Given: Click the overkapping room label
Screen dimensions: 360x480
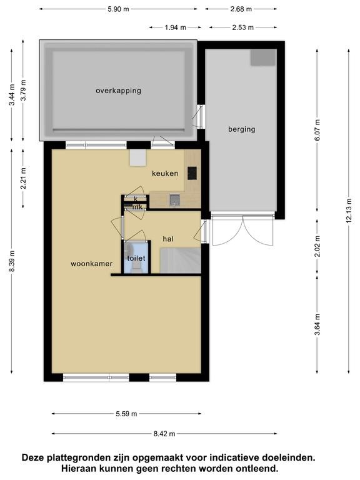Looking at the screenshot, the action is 118,91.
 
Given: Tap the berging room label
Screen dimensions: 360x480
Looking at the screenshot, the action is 241,129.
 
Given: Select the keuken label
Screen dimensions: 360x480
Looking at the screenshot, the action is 165,174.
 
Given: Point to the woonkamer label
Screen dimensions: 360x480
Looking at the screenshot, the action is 91,264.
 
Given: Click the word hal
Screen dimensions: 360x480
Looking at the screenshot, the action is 168,239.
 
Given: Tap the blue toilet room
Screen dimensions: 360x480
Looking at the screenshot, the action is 136,257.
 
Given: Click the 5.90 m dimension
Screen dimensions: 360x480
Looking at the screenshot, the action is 118,9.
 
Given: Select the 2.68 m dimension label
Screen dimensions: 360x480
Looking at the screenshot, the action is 241,9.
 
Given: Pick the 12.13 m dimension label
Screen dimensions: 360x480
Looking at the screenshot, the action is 349,211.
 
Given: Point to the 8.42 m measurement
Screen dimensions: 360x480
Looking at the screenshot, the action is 164,434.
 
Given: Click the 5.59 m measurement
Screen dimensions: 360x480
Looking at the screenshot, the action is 126,414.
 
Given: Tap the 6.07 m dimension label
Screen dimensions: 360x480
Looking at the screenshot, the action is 317,130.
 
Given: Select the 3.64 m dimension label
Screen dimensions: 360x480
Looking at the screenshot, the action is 317,325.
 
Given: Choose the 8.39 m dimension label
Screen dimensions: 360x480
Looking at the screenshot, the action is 12,261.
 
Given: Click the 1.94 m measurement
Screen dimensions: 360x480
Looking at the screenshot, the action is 176,27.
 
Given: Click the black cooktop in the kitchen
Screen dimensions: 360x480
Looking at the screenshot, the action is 192,173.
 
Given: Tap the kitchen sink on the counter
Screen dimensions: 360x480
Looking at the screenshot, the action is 174,200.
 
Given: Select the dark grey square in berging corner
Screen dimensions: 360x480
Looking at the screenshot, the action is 263,57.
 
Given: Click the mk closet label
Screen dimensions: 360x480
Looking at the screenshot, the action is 137,207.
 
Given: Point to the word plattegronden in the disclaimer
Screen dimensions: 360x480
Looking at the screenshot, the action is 83,458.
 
